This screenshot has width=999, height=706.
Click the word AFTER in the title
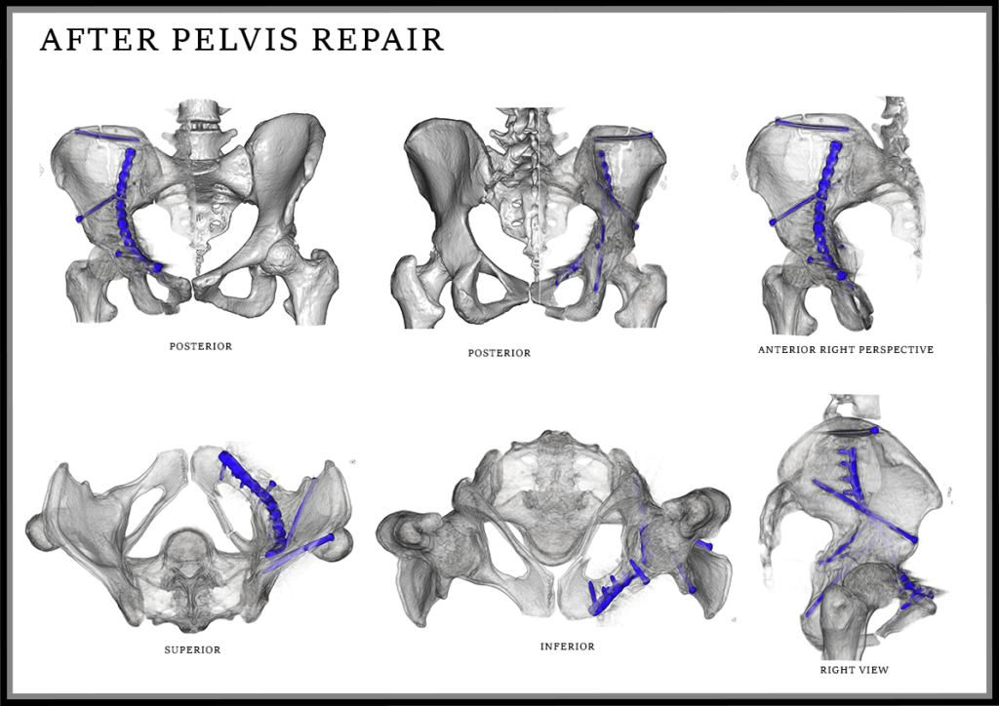pyautogui.click(x=99, y=39)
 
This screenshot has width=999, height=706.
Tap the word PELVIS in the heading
pyautogui.click(x=234, y=39)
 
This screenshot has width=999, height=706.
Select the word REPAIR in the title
pyautogui.click(x=378, y=39)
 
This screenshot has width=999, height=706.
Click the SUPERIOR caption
pyautogui.click(x=192, y=650)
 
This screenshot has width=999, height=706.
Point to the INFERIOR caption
pyautogui.click(x=568, y=647)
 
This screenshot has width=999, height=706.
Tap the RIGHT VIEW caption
pyautogui.click(x=855, y=670)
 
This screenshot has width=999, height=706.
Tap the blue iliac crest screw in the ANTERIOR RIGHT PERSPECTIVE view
pyautogui.click(x=813, y=125)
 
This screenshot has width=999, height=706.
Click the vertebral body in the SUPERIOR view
pyautogui.click(x=186, y=552)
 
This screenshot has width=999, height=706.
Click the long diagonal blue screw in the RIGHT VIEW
pyautogui.click(x=864, y=511)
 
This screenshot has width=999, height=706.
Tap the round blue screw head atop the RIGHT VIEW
pyautogui.click(x=875, y=430)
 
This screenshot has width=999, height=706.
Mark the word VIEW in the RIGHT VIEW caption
pyautogui.click(x=873, y=670)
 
